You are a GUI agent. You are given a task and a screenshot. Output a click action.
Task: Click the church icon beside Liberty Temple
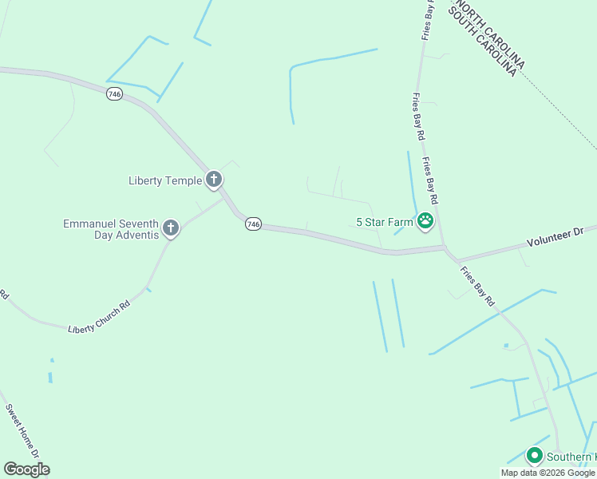(x=214, y=180)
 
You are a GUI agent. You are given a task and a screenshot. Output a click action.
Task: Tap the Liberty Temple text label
(x=165, y=180)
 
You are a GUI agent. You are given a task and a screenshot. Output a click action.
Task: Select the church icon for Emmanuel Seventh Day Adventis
(x=170, y=229)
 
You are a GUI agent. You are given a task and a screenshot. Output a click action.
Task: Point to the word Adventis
(x=132, y=236)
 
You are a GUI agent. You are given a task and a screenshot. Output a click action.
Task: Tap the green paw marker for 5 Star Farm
(x=425, y=222)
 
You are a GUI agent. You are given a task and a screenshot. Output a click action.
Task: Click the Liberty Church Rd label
(x=98, y=317)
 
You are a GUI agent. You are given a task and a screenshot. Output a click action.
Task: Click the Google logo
(x=26, y=469)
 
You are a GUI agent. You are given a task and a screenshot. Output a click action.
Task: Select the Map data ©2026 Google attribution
(x=548, y=473)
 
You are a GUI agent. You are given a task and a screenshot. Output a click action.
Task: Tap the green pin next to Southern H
(x=535, y=456)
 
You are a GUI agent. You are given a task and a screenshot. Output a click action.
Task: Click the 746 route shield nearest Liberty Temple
(x=253, y=225)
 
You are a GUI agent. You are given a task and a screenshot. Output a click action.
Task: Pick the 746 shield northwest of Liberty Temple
(x=115, y=94)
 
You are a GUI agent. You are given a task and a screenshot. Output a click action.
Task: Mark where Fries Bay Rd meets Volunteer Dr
(x=446, y=248)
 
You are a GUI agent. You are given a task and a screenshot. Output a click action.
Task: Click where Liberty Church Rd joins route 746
(x=224, y=200)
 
